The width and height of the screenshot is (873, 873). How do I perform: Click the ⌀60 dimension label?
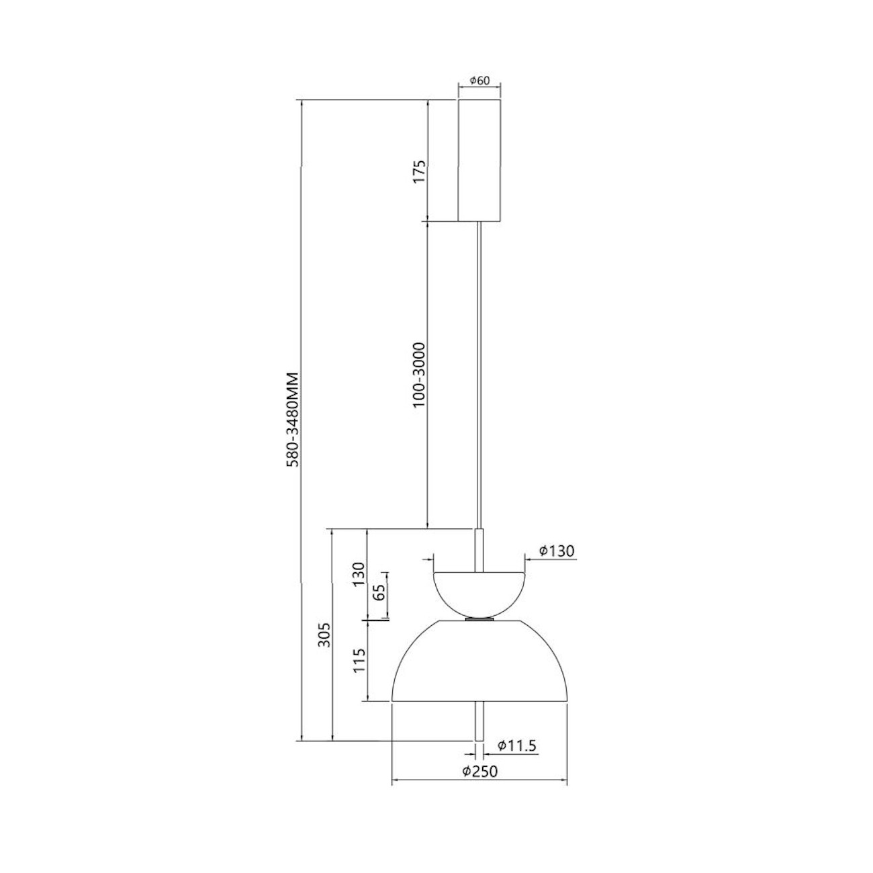(x=479, y=81)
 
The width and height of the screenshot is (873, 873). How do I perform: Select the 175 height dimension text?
(x=420, y=171)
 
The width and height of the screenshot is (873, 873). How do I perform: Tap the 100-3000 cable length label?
(x=420, y=375)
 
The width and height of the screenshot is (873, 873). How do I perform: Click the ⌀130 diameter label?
(x=557, y=551)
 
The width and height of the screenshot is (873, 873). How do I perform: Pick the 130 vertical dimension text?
(x=359, y=574)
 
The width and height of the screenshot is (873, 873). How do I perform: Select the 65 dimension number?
(x=379, y=592)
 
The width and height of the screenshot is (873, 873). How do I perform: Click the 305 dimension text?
(x=324, y=635)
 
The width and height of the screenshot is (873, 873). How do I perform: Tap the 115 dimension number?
(x=359, y=661)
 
